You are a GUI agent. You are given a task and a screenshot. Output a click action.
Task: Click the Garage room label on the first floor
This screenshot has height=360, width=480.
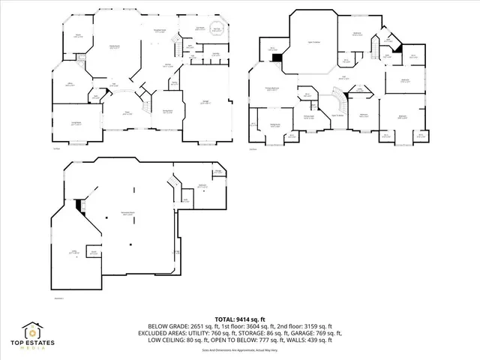pyautogui.click(x=204, y=102)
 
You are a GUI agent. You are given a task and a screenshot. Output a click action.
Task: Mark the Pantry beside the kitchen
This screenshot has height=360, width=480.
pyautogui.click(x=174, y=84)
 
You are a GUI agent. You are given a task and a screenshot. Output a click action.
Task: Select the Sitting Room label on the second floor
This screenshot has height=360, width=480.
pyautogui.click(x=308, y=116)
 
